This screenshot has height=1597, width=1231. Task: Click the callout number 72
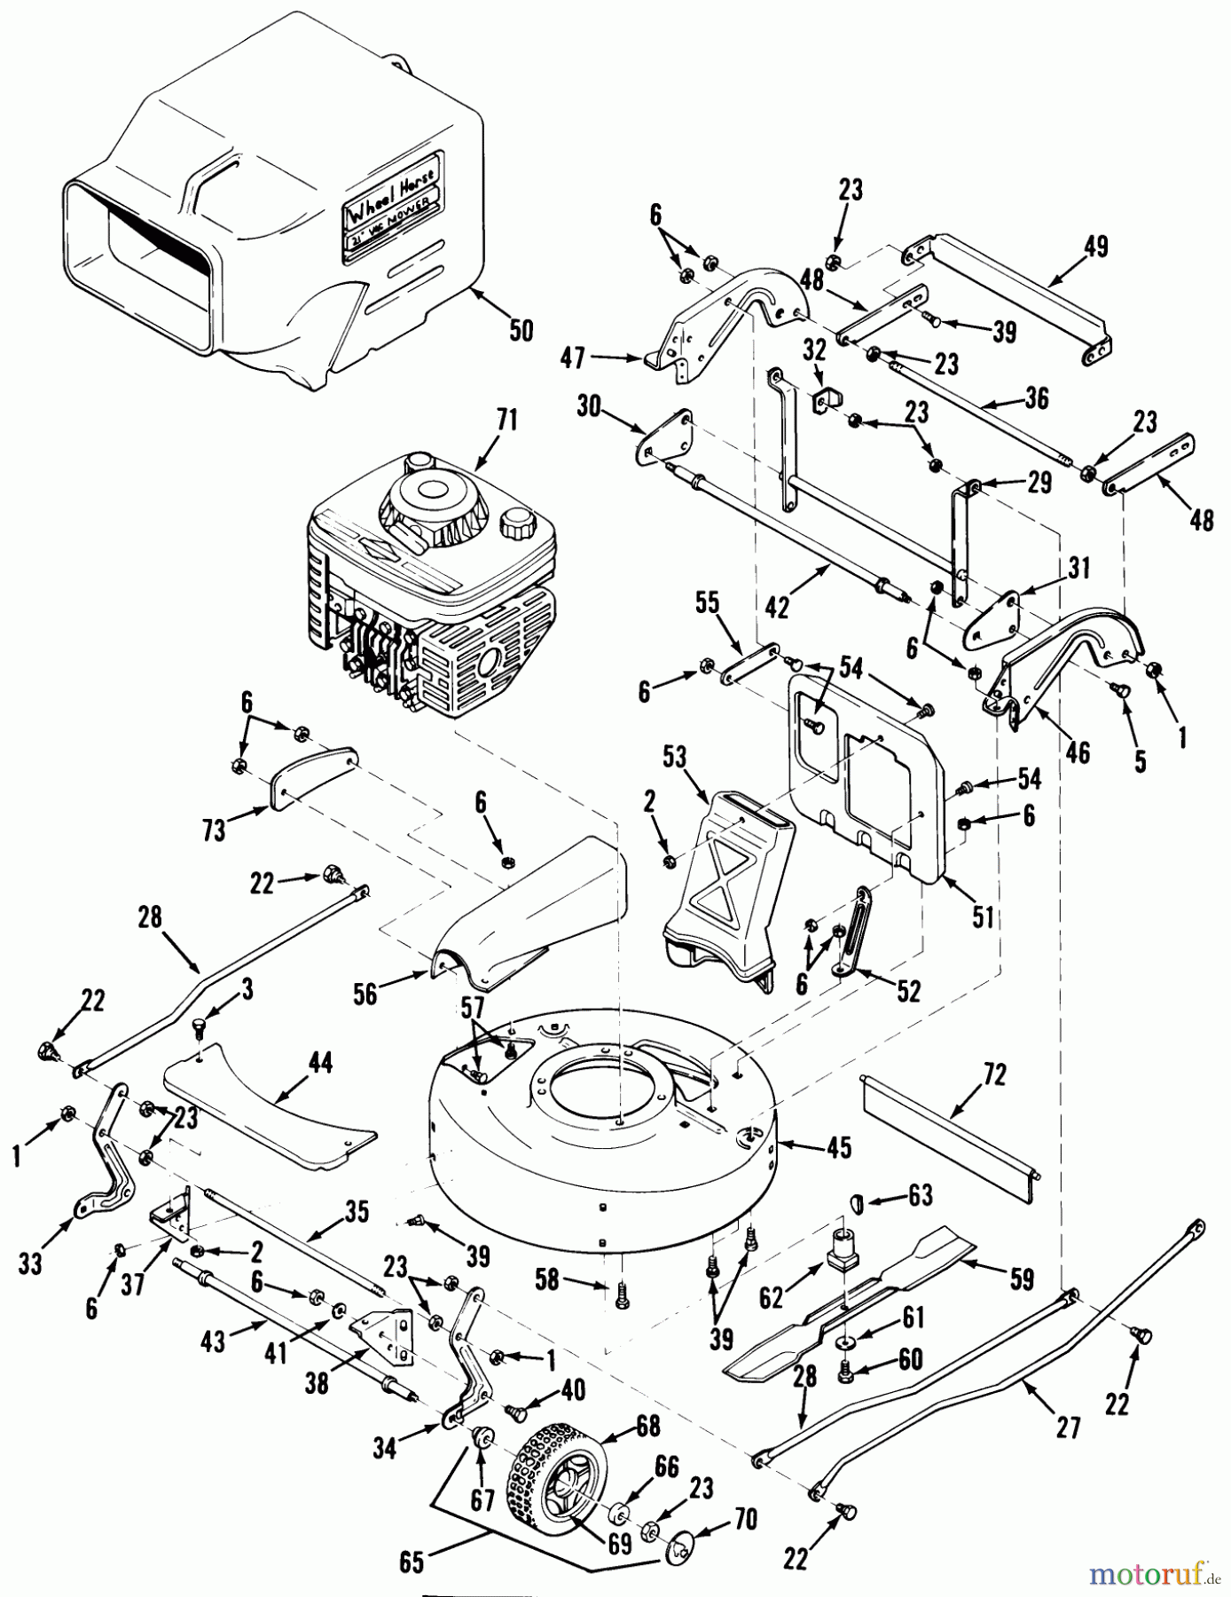click(x=995, y=1076)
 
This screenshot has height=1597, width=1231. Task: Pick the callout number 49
click(x=1096, y=246)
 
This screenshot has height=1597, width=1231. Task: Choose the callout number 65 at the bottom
click(x=412, y=1562)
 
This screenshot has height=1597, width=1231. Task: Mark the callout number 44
click(x=320, y=1063)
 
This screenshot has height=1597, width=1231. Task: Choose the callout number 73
click(x=214, y=829)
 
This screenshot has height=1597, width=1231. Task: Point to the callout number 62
click(x=771, y=1297)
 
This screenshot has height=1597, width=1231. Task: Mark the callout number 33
click(x=30, y=1263)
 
